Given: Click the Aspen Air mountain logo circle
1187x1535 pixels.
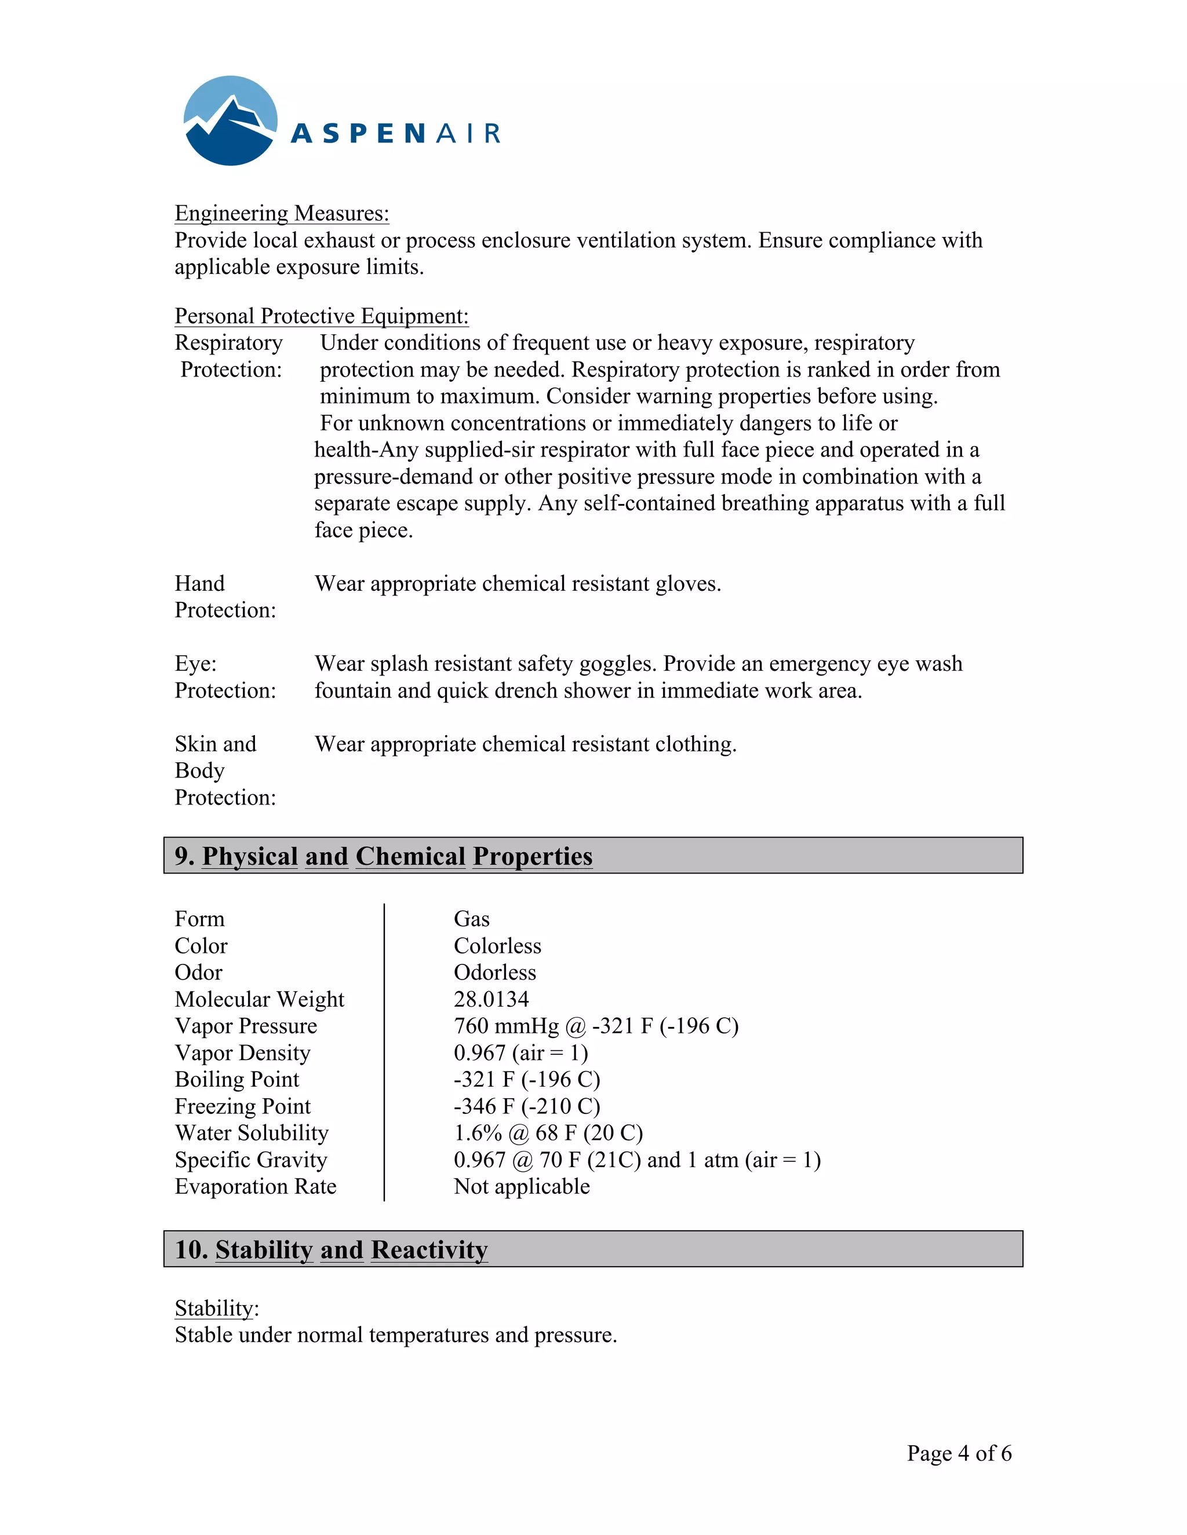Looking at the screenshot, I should pos(230,121).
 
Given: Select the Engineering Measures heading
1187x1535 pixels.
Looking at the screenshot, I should pos(281,213).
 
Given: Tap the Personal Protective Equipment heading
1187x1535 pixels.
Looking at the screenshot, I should pos(321,316).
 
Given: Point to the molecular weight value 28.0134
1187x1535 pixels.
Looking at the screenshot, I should pos(491,999).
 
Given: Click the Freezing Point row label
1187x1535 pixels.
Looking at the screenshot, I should pos(243,1106).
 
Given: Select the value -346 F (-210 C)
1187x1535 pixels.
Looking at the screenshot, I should pos(527,1106).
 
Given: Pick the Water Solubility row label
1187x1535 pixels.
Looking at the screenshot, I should pos(252,1132).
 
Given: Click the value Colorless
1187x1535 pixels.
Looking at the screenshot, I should pos(497,945).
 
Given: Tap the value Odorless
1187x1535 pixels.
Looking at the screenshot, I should pos(494,972).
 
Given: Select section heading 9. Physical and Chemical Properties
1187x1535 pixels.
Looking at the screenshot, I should pos(383,856).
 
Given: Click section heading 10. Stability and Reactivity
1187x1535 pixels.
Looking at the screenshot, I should pos(331,1249).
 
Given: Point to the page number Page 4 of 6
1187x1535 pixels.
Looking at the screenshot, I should pos(959,1453).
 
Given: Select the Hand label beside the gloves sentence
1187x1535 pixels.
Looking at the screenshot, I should pos(200,583).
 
